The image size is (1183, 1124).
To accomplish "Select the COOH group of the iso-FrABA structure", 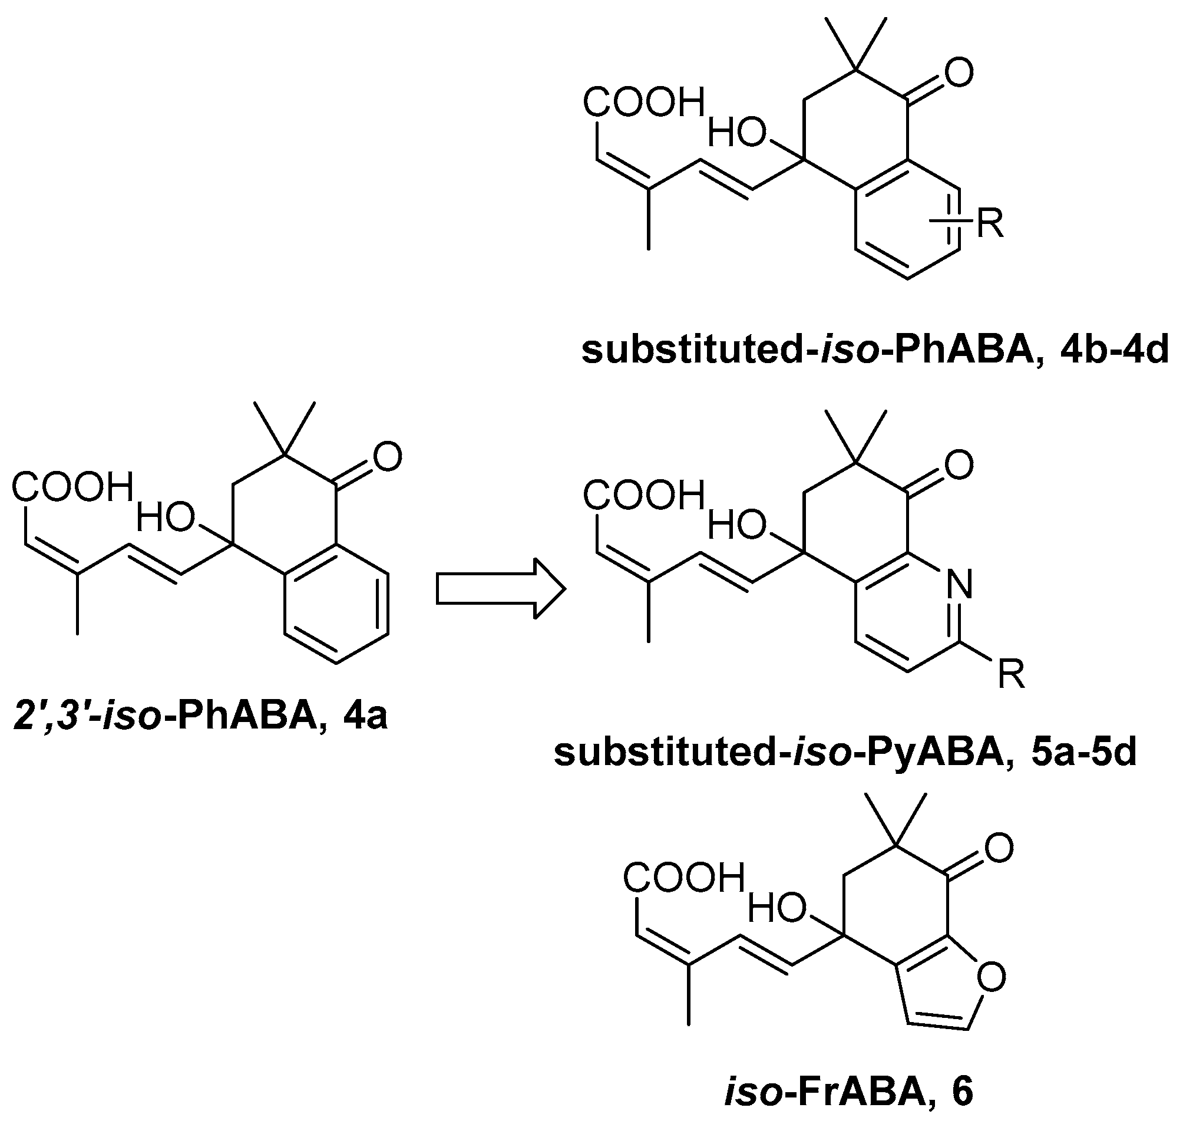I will point(683,878).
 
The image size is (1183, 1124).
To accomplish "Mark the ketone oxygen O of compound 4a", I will point(387,457).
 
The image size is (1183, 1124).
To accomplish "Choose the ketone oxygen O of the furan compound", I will point(999,848).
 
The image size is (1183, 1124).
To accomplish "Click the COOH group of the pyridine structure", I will point(644,496).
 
